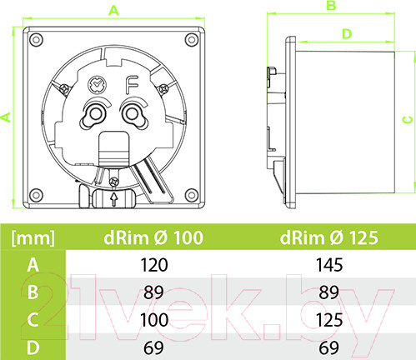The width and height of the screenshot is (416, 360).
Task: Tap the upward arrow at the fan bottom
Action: point(114,199)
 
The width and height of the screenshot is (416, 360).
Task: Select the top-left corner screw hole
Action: point(36,39)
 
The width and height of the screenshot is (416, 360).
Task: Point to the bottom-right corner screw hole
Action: point(192,194)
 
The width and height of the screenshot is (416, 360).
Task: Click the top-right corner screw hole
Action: point(192,39)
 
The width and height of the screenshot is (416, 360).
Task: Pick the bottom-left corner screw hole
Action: point(36,194)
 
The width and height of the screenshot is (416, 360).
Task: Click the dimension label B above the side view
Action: point(331,6)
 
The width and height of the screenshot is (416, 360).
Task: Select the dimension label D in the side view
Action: point(347,34)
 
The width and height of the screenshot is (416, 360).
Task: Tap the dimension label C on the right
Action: point(408,120)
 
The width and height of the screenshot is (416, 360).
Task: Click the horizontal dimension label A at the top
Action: point(113,11)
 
